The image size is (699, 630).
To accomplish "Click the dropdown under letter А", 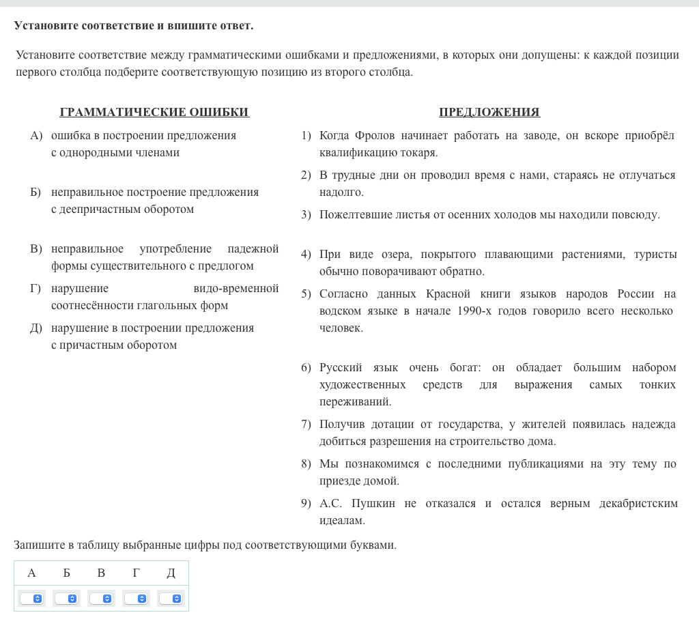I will [x=31, y=599].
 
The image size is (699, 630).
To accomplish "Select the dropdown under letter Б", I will [x=66, y=599].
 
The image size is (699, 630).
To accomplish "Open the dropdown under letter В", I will [x=101, y=599].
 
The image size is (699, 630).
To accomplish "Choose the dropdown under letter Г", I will [x=136, y=599].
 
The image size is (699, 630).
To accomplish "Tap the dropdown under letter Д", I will [x=171, y=599].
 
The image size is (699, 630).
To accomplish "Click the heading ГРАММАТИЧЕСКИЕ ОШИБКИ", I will [x=154, y=113].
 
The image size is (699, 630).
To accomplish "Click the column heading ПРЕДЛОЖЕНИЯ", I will [x=489, y=113].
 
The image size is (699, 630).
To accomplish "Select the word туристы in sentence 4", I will [x=656, y=255].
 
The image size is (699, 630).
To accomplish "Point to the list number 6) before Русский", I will [x=306, y=368].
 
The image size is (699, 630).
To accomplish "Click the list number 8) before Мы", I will [x=306, y=464].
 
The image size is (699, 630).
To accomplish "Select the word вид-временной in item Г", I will [x=236, y=289].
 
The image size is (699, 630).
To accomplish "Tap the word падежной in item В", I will [x=253, y=249].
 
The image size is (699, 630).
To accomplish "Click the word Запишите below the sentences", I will [x=39, y=545].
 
